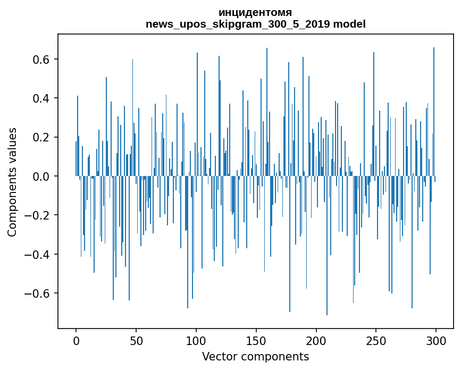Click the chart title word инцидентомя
255,13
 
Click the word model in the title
349,24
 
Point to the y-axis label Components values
12,182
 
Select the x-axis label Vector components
255,357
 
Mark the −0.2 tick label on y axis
38,215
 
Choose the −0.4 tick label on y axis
38,255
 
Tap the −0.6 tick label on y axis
38,293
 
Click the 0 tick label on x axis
76,340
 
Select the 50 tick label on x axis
136,340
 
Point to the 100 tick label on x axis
196,340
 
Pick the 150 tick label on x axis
256,340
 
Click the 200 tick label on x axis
316,340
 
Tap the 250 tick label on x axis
376,340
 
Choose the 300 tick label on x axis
437,340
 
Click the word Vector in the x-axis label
218,357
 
